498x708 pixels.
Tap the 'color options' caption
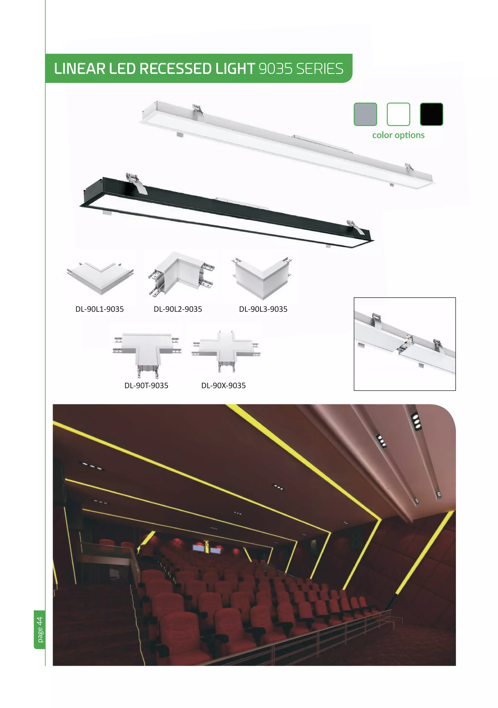(x=398, y=135)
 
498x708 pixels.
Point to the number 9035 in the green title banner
(x=276, y=69)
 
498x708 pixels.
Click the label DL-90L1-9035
(x=99, y=309)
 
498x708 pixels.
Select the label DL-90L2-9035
(x=178, y=309)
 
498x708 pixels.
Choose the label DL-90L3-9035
(x=263, y=309)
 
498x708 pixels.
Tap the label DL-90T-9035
(x=146, y=385)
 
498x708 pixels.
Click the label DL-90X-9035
(x=223, y=385)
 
